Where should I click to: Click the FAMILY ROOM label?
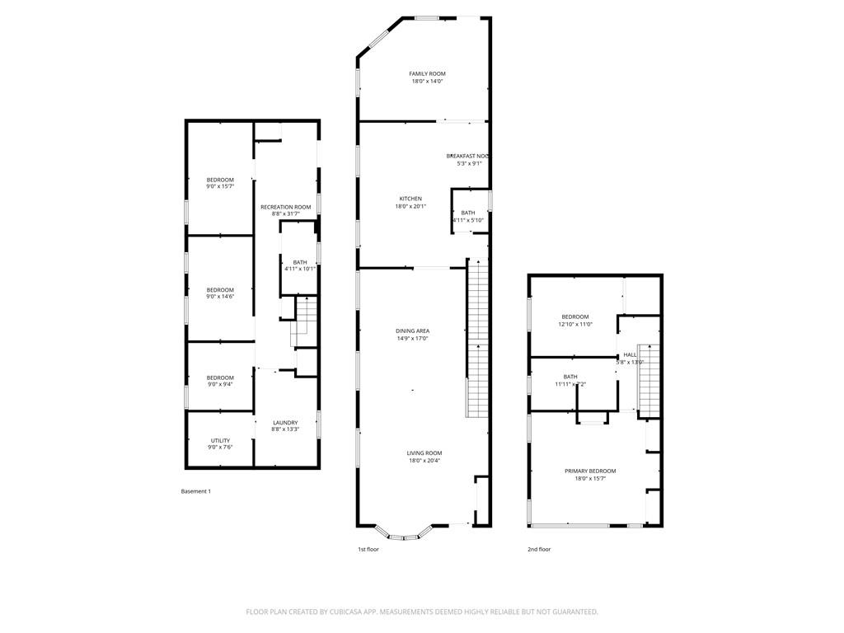(x=427, y=74)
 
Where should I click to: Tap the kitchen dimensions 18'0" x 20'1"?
(x=410, y=207)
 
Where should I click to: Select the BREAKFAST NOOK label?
(x=468, y=156)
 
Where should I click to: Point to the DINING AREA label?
(x=412, y=331)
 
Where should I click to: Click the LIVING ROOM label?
(x=424, y=453)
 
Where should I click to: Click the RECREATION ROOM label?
(x=285, y=207)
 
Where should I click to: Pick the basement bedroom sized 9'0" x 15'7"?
(x=220, y=183)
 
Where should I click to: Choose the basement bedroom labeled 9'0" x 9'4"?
(x=220, y=381)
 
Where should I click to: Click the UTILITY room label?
(x=220, y=440)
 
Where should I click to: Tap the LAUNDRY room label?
(x=285, y=423)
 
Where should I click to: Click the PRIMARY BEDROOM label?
(x=590, y=471)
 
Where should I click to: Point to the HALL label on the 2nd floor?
(x=630, y=354)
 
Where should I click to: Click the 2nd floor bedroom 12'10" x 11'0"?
(x=575, y=321)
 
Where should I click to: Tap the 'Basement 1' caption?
(x=196, y=491)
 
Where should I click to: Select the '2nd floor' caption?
(x=539, y=549)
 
